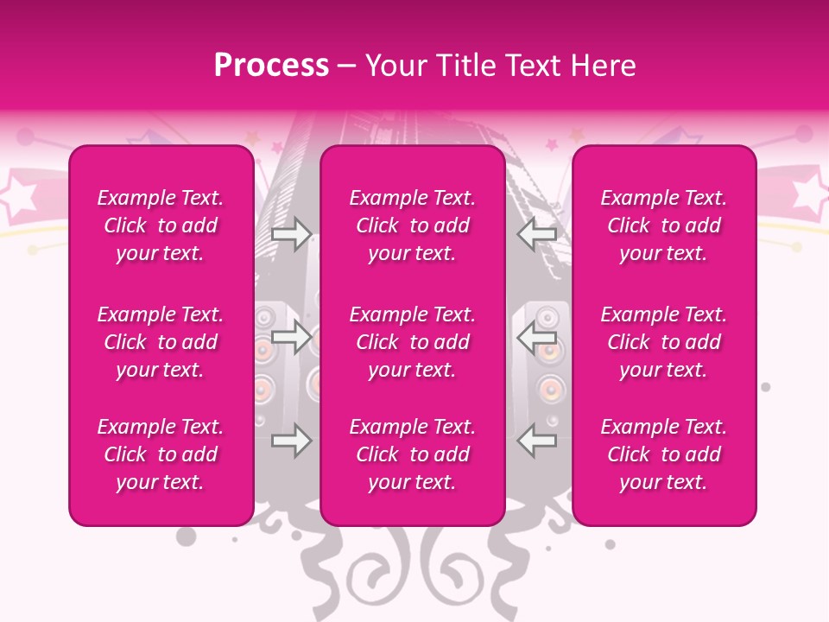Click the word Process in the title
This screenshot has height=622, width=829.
(271, 66)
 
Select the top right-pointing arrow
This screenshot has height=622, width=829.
(292, 233)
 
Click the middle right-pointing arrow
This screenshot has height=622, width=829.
(292, 337)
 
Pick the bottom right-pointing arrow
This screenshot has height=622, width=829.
(292, 441)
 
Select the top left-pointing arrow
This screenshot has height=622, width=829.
(537, 233)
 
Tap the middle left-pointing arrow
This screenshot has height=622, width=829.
(537, 337)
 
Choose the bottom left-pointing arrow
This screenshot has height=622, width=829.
(537, 441)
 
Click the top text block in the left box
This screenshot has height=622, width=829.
(161, 225)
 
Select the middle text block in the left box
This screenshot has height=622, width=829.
(161, 342)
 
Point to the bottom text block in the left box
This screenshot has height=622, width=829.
(161, 454)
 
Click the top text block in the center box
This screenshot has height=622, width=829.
(413, 225)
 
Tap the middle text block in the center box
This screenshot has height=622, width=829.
(413, 342)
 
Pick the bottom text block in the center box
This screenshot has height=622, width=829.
(413, 454)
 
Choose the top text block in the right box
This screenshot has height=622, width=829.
(664, 225)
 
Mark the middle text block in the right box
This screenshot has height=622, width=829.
(664, 342)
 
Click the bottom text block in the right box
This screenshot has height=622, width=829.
(664, 454)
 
